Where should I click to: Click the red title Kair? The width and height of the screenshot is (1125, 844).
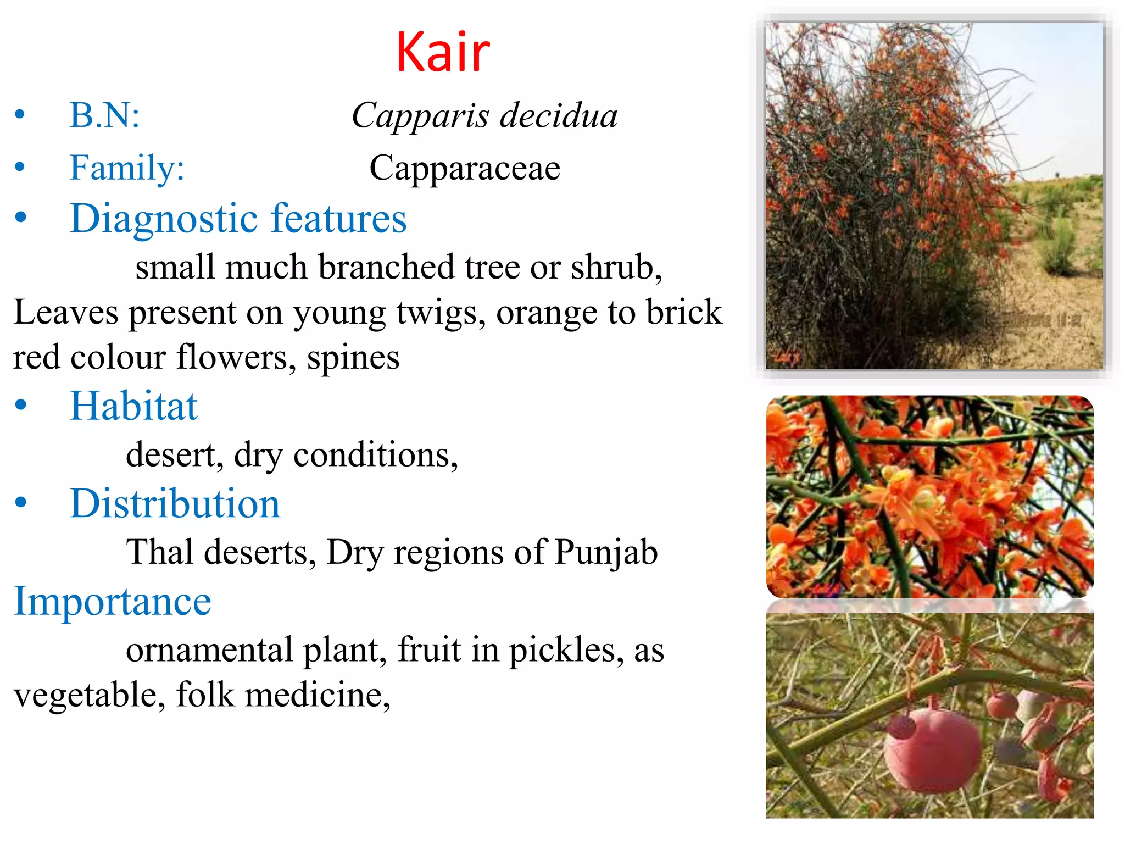(442, 52)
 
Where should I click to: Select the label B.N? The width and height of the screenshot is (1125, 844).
(104, 115)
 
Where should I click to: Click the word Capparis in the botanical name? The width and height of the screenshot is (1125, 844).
(420, 116)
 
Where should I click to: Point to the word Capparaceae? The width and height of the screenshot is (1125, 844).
(465, 168)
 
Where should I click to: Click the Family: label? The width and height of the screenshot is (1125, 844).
(127, 168)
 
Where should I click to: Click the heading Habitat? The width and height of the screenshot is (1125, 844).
(133, 406)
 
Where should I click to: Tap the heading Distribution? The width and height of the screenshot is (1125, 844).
(175, 503)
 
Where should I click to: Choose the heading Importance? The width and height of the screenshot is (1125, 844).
(112, 601)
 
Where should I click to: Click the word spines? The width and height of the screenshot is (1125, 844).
(353, 358)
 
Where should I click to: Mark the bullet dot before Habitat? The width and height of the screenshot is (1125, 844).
(21, 406)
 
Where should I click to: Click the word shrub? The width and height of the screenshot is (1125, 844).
(615, 268)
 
